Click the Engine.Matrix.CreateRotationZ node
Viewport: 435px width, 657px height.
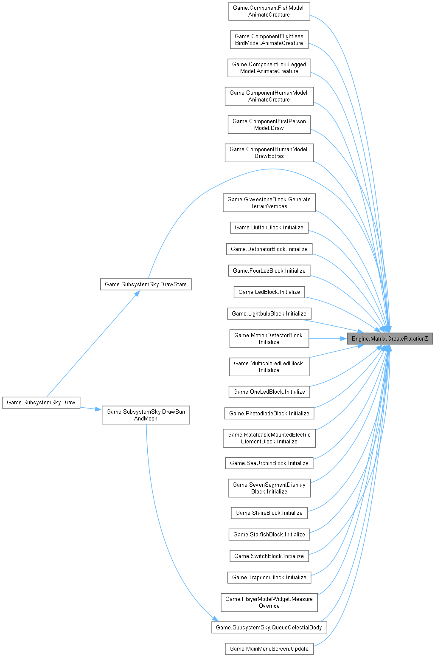(390, 339)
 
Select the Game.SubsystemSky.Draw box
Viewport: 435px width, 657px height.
(41, 402)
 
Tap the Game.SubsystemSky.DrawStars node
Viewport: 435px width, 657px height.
(146, 284)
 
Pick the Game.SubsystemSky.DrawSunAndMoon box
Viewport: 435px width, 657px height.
(146, 415)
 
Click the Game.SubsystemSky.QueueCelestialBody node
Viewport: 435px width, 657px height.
(269, 627)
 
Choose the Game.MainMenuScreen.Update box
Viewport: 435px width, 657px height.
(269, 649)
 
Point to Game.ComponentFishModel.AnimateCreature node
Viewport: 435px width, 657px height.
(269, 11)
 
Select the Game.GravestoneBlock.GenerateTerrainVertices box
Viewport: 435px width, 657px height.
(269, 203)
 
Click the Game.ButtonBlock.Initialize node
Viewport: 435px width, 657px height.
(269, 227)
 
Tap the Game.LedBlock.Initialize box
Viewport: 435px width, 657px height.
(269, 292)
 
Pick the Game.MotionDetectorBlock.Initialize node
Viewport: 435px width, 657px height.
(269, 338)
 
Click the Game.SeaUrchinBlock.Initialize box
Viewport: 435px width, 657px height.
(269, 463)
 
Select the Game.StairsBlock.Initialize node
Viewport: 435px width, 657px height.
(269, 513)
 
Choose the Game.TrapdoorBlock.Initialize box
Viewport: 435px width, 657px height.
(269, 577)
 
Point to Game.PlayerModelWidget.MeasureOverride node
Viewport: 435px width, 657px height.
(269, 602)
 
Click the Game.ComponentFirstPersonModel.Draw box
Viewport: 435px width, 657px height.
(269, 124)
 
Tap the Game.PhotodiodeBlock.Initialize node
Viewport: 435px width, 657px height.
(269, 413)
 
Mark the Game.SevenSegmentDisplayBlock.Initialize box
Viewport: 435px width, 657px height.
(269, 488)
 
